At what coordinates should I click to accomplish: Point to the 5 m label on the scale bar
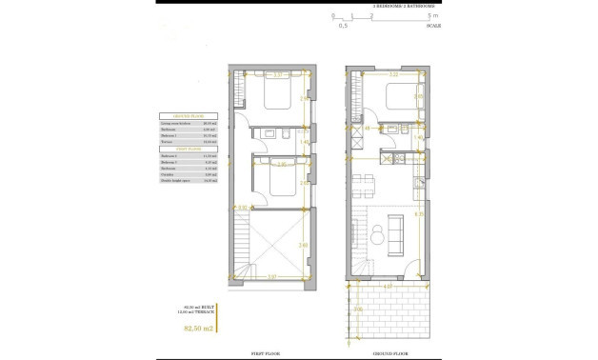coord(433,16)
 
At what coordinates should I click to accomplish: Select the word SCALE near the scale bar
coord(433,26)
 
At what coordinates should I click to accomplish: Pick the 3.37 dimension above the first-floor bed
coord(277,74)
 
